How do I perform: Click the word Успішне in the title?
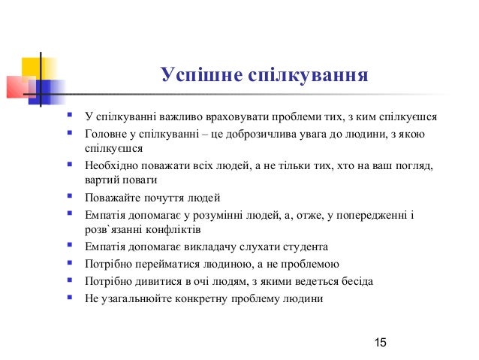pyautogui.click(x=191, y=75)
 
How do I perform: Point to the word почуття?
pyautogui.click(x=167, y=198)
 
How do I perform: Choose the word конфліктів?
pyautogui.click(x=173, y=229)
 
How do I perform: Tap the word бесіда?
pyautogui.click(x=355, y=281)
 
